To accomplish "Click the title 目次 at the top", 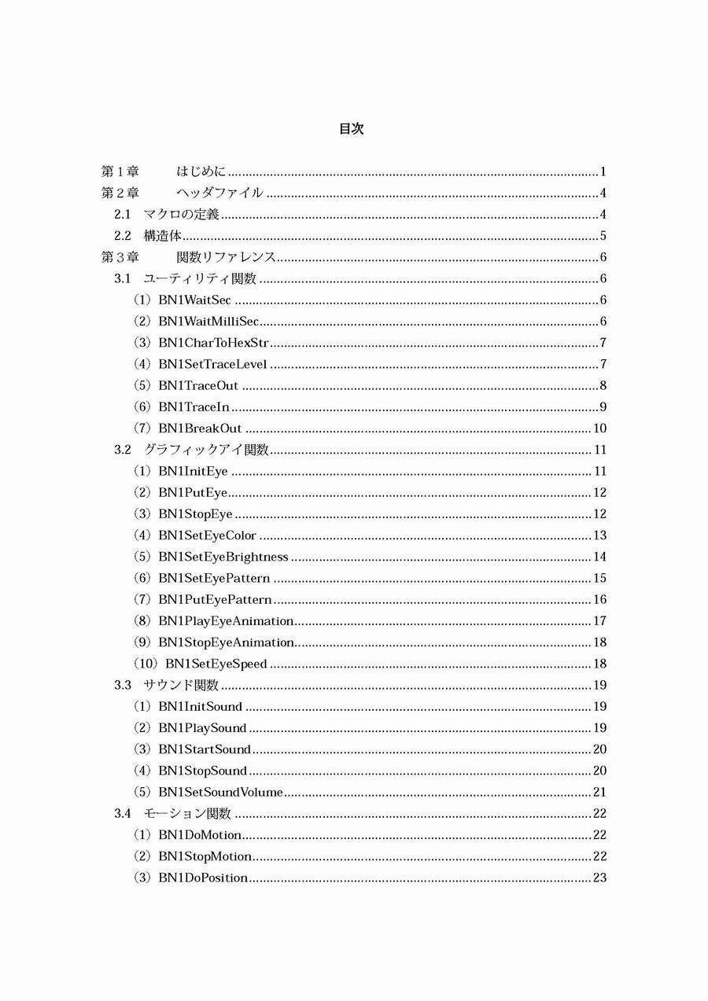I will point(351,129).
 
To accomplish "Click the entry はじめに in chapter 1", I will point(201,172).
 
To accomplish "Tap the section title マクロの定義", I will point(181,215).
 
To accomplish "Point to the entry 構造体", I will point(163,236).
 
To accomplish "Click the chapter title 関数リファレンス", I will point(225,257).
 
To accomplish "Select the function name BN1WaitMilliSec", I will point(208,322).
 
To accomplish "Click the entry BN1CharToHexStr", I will point(213,343).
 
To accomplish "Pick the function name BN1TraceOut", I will point(198,386).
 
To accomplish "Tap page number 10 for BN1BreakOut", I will point(599,429).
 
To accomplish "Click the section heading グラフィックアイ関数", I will point(206,450).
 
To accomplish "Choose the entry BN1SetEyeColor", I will point(207,535).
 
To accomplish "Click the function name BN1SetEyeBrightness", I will point(223,557).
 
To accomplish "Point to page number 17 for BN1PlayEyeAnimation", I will point(599,621).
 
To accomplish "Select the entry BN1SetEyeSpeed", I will point(216,664).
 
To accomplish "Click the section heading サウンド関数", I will point(181,685).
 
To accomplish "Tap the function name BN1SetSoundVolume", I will point(220,792).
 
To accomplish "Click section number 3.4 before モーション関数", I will point(122,813).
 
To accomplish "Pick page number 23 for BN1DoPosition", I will point(599,878).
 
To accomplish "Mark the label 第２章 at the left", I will point(120,193).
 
